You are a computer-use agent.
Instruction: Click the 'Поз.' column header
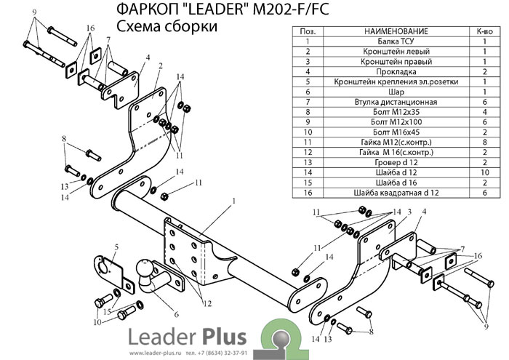coord(308,31)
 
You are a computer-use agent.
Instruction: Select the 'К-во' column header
coord(484,31)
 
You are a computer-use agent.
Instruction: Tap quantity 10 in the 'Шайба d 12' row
coord(484,172)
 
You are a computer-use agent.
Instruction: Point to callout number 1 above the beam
coord(234,200)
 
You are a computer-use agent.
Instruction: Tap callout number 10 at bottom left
coord(97,321)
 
